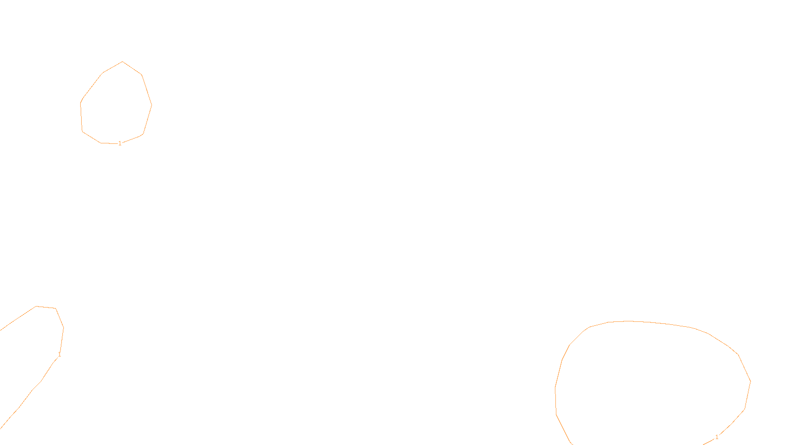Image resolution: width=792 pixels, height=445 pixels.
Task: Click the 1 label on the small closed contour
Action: (120, 143)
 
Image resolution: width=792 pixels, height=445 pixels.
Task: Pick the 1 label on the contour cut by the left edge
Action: (59, 355)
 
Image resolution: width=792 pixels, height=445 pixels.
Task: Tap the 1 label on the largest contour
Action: (716, 437)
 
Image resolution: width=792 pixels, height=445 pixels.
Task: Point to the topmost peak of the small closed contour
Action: (123, 62)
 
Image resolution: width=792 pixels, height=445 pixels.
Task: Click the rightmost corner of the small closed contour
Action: (151, 105)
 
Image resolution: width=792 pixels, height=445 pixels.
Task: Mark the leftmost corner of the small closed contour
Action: (81, 103)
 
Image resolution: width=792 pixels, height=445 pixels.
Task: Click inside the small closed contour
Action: (116, 104)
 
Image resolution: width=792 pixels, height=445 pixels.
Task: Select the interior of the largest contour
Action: (653, 381)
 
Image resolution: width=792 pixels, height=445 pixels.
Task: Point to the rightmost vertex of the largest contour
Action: (750, 381)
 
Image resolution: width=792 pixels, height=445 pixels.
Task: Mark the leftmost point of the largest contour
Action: (555, 388)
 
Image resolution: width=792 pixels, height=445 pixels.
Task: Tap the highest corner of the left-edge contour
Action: (37, 307)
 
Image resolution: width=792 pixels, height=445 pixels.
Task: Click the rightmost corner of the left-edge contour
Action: (63, 327)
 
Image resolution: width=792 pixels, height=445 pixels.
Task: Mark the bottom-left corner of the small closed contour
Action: (83, 132)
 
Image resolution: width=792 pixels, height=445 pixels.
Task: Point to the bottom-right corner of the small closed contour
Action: (143, 133)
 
